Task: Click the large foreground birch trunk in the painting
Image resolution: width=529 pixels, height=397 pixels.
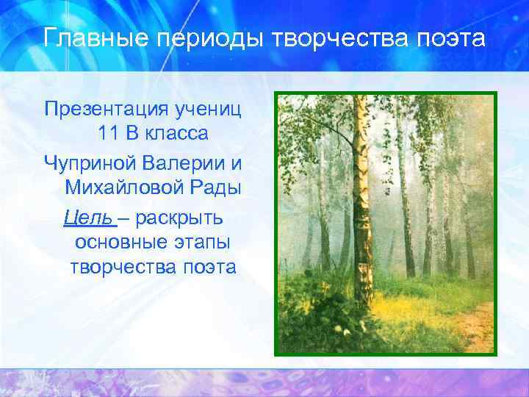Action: tap(362, 206)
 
